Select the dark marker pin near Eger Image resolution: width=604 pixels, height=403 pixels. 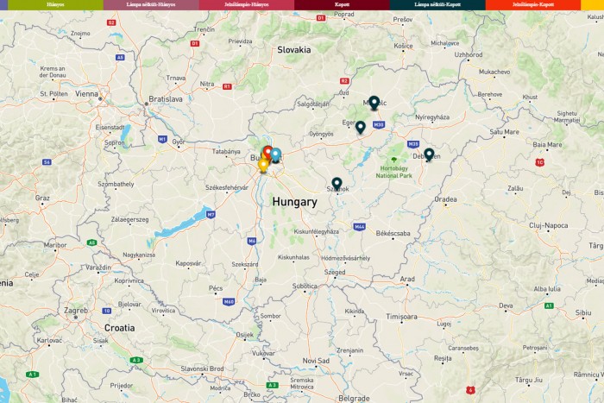(360, 127)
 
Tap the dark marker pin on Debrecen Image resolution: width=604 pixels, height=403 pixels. (429, 154)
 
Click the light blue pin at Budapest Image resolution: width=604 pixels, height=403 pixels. (276, 154)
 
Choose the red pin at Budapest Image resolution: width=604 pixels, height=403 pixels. (268, 153)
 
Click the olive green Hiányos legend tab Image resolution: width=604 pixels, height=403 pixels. (55, 4)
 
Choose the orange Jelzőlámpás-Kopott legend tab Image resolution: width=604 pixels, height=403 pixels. (533, 4)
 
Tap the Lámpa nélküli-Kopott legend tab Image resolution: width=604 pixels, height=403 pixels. (437, 4)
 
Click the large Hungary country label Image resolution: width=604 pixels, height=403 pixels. (294, 202)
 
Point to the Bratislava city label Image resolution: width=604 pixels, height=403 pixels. (166, 99)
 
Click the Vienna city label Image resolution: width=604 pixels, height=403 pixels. (86, 93)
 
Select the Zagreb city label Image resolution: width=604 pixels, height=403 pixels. (76, 310)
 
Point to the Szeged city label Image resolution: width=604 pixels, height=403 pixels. (335, 272)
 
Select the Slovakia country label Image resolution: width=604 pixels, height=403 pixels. (293, 49)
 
